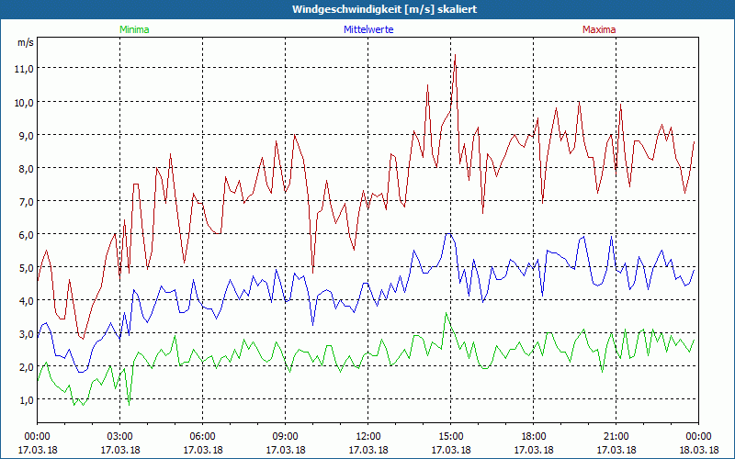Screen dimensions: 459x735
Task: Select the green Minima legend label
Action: [x=133, y=29]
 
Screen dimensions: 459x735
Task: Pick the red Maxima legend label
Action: [x=598, y=29]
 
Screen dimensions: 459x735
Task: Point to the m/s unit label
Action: [x=25, y=42]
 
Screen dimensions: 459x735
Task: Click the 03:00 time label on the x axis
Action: [x=120, y=436]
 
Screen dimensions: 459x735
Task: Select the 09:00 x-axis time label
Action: [x=286, y=436]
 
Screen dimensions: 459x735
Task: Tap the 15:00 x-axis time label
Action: [x=451, y=436]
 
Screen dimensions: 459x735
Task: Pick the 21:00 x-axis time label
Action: [x=616, y=436]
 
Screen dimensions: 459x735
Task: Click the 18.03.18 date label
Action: [x=698, y=450]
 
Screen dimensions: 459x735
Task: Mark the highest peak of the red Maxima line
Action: [x=455, y=55]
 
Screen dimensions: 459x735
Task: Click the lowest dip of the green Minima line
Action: [x=129, y=405]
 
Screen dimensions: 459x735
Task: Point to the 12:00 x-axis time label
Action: [x=368, y=436]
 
